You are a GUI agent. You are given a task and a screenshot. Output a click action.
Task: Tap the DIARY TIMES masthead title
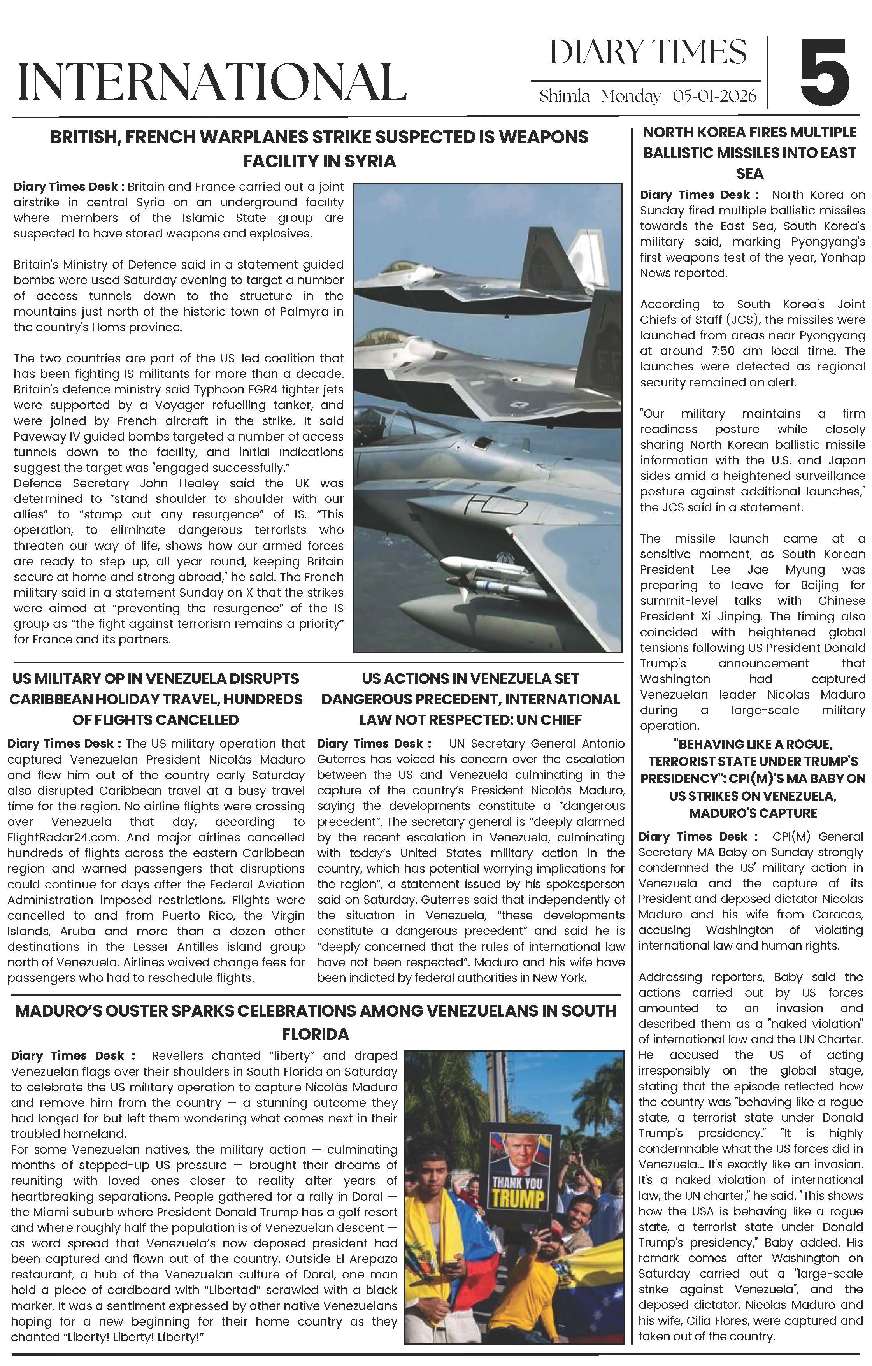[x=648, y=53]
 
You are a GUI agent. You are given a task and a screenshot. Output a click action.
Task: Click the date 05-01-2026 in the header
[x=714, y=96]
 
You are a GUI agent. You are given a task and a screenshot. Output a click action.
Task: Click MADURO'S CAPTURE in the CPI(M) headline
[x=753, y=813]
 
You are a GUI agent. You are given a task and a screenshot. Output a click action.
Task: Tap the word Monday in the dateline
[x=631, y=96]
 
